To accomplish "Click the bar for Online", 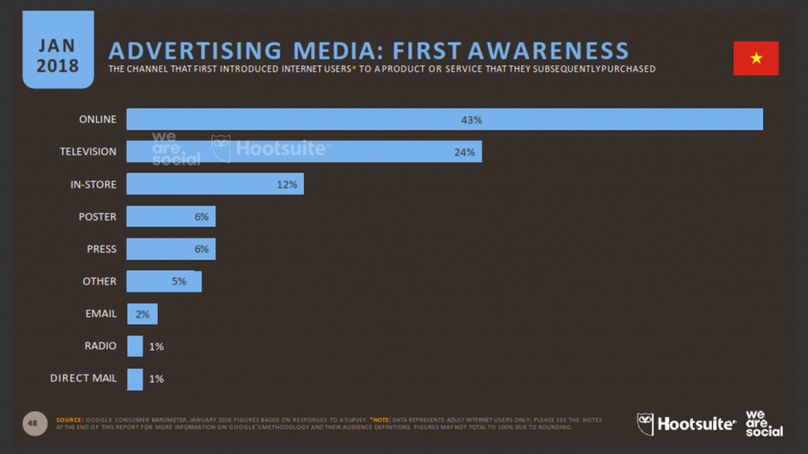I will [444, 119].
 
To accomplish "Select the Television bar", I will [304, 152].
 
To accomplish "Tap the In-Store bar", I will [215, 185].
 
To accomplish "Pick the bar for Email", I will [142, 313].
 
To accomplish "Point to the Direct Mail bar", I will [135, 378].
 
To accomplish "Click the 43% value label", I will [471, 120].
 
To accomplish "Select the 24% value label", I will [464, 152].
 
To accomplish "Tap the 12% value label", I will [286, 185].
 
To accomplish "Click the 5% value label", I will [178, 282].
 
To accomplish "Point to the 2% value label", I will [142, 314].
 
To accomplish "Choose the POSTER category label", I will [97, 217].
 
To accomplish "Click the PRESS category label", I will [101, 250].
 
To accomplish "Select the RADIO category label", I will [100, 346].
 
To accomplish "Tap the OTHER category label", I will [99, 282].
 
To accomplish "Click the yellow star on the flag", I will [756, 58].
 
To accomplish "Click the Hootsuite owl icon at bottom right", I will [645, 424].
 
